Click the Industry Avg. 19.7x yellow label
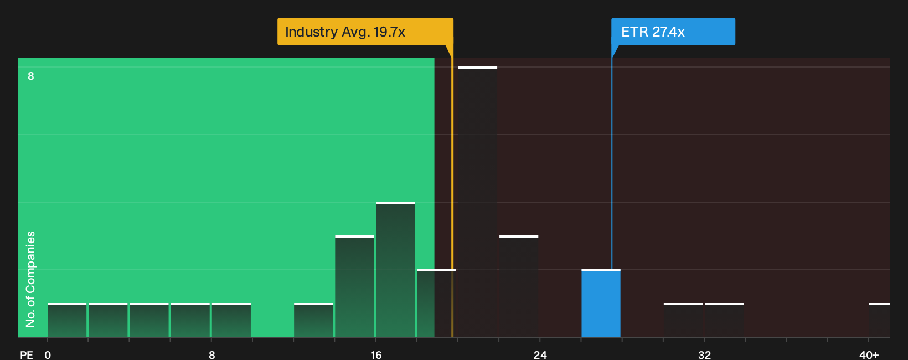365,32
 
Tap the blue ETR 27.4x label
673,32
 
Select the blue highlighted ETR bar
601,304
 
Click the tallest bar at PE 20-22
477,202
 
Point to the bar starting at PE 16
396,269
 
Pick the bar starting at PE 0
67,320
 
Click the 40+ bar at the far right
880,320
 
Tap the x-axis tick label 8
211,355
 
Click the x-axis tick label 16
376,355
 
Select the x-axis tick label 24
540,355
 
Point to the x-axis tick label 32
704,355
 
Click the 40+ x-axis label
869,355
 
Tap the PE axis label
27,355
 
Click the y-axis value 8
31,76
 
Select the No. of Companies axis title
30,279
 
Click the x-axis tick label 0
48,355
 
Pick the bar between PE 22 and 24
519,286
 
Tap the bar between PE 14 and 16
354,286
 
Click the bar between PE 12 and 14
313,320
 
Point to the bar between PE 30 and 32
683,320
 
